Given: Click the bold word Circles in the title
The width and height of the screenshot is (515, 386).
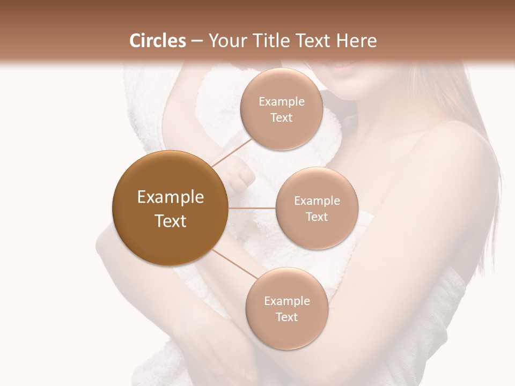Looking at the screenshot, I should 157,41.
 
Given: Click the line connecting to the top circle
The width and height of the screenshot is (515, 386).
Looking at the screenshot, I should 232,151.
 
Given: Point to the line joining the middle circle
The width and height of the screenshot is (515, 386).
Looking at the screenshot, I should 252,208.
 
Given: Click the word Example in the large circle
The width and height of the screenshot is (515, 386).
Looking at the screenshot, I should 171,197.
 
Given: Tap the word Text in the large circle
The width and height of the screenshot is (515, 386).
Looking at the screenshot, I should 171,221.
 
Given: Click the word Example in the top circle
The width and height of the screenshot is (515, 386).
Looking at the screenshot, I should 282,102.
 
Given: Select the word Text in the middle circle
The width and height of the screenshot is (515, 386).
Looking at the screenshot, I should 317,217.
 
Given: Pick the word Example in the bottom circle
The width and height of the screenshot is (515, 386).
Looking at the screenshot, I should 287,301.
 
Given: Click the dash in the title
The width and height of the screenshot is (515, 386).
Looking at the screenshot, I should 196,41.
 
